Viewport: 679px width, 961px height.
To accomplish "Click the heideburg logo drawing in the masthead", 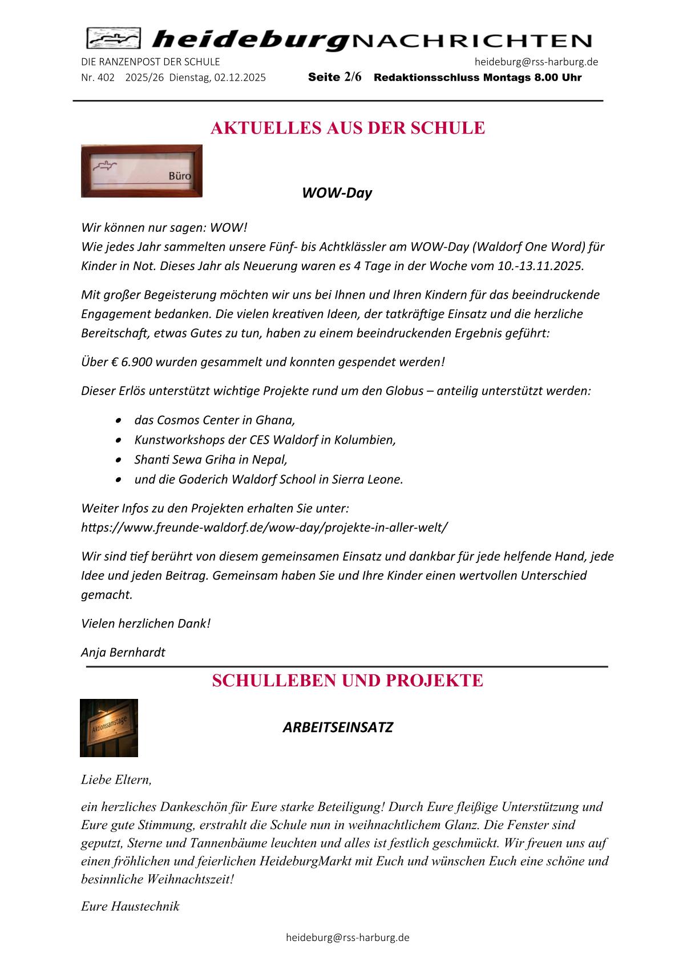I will point(114,39).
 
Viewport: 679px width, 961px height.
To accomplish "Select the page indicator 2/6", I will point(353,77).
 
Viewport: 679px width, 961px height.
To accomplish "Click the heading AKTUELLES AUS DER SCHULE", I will point(347,128).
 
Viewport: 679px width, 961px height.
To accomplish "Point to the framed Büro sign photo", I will point(142,171).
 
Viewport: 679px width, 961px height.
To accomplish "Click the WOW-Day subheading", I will point(337,193).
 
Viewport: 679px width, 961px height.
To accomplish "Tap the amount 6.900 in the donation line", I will point(136,362).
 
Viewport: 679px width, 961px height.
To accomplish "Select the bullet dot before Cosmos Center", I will point(118,420).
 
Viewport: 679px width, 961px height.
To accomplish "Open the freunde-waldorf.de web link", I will point(264,527).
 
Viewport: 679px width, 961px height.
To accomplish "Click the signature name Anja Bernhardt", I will point(123,652).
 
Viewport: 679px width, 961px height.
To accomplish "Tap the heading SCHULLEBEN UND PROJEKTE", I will point(347,681).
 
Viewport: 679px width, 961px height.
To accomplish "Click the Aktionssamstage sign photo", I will point(109,728).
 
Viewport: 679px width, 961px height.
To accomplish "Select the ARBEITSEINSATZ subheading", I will point(338,727).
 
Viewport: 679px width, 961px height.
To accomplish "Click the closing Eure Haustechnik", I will point(130,906).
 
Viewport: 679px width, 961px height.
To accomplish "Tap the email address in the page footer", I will point(347,938).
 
